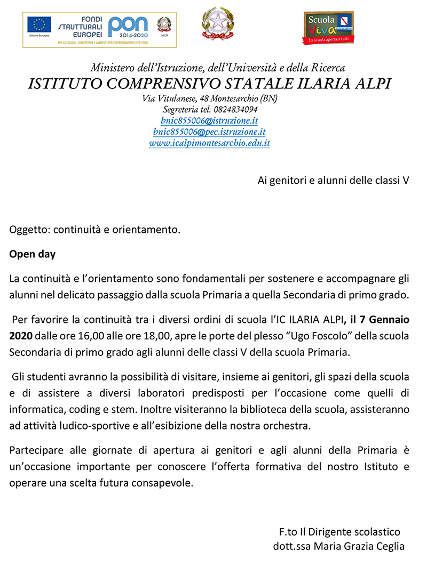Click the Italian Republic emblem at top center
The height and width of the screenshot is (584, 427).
(x=217, y=24)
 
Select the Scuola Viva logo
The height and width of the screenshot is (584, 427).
(x=328, y=27)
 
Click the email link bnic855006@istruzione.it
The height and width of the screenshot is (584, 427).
(x=209, y=120)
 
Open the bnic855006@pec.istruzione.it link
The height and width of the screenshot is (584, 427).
(x=209, y=132)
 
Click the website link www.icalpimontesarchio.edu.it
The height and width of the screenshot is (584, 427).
(x=209, y=143)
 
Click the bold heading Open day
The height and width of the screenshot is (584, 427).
(x=32, y=254)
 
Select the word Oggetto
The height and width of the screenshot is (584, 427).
(x=27, y=230)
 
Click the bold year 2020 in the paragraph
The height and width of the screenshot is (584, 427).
(x=21, y=336)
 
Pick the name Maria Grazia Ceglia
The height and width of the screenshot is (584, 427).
(x=359, y=546)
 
